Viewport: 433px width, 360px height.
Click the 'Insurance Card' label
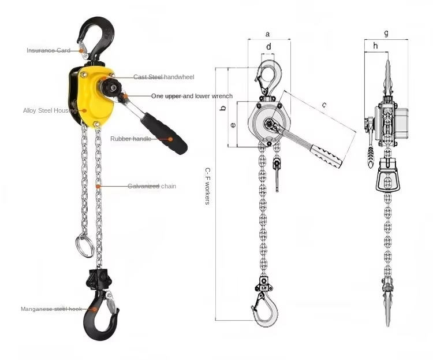pyautogui.click(x=48, y=50)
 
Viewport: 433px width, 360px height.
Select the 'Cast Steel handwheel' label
pyautogui.click(x=164, y=77)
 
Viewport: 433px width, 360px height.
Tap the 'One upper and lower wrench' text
pyautogui.click(x=192, y=96)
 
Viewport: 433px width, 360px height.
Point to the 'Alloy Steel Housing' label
pyautogui.click(x=50, y=110)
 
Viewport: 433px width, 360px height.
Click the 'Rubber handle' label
pyautogui.click(x=130, y=139)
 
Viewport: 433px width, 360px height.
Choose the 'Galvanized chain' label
pyautogui.click(x=152, y=186)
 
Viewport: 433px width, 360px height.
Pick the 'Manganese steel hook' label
pyautogui.click(x=51, y=309)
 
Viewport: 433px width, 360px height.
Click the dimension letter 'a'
pyautogui.click(x=267, y=34)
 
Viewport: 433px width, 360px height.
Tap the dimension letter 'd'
pyautogui.click(x=268, y=47)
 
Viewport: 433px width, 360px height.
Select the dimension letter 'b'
pyautogui.click(x=223, y=108)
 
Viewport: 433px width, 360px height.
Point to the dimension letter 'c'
pyautogui.click(x=324, y=105)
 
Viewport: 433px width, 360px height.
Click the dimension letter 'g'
pyautogui.click(x=386, y=33)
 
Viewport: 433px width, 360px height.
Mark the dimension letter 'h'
pyautogui.click(x=375, y=46)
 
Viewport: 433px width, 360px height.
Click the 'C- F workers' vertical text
pyautogui.click(x=208, y=186)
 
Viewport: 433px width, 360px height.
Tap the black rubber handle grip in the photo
pyautogui.click(x=164, y=133)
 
